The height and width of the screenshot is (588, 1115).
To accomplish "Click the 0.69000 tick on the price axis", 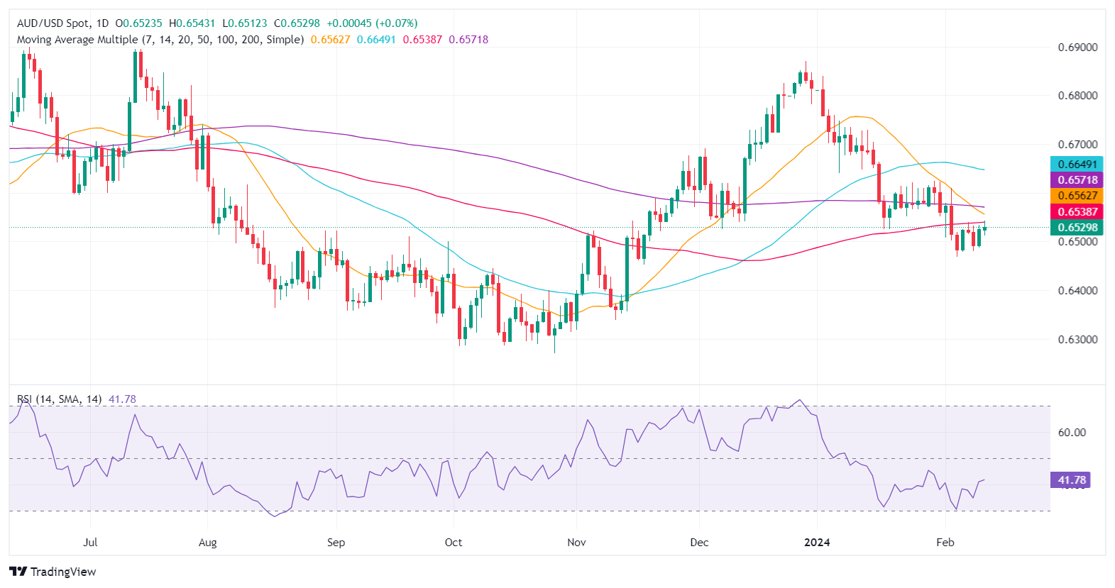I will click(x=1077, y=48).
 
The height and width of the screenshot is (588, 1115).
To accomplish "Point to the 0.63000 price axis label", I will click(x=1077, y=340).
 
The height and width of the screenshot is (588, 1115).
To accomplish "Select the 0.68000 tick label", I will click(x=1077, y=96).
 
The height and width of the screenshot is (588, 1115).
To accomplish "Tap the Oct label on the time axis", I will click(x=453, y=543).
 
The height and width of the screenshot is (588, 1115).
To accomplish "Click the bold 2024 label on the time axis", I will click(x=817, y=543).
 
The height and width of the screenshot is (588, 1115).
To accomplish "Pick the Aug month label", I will click(x=207, y=543).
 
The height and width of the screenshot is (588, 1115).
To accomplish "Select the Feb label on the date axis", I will click(x=945, y=543).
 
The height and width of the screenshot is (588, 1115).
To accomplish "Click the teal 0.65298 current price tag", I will click(x=1077, y=228).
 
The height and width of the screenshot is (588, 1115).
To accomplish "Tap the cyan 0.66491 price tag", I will click(x=1077, y=165).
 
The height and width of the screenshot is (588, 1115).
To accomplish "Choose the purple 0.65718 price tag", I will click(x=1077, y=180).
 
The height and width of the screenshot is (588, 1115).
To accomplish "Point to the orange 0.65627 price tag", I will click(x=1077, y=196).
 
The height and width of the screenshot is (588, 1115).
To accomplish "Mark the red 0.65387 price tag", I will click(x=1077, y=211).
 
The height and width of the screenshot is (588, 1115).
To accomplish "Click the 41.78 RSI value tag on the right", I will click(x=1071, y=480).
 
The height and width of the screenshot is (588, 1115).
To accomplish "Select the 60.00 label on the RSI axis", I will click(x=1072, y=433).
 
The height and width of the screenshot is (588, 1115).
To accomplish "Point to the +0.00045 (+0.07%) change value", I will click(x=372, y=23).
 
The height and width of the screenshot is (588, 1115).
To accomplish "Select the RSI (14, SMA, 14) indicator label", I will click(x=60, y=399).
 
